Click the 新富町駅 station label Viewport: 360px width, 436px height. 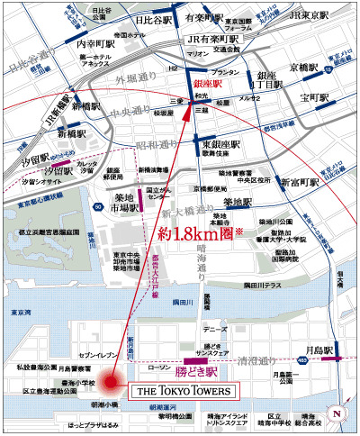[x=299, y=183]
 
